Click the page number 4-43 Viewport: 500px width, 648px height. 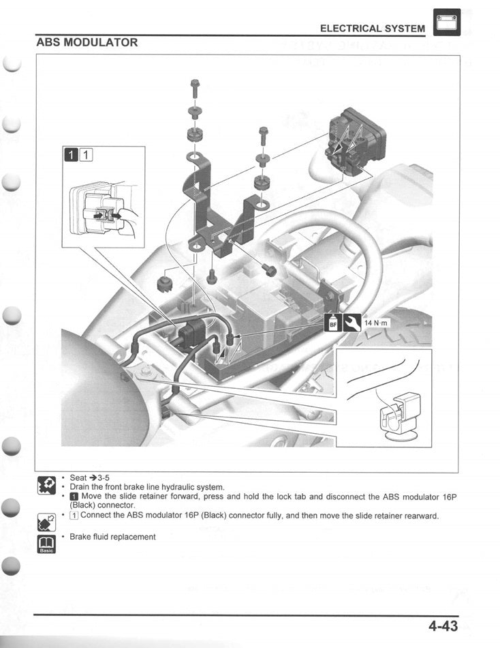coord(443,625)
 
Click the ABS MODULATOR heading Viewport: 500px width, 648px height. coord(87,42)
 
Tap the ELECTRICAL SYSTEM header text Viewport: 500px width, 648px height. coord(373,29)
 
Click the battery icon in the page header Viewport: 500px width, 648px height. coord(447,23)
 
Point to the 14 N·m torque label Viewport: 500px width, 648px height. coord(376,323)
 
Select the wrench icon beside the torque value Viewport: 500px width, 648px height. coord(352,323)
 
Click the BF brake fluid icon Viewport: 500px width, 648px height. coord(334,323)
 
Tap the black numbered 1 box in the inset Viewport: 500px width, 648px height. coord(72,155)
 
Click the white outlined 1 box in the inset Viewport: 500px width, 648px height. coord(86,155)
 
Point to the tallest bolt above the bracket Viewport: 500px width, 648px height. coord(195,87)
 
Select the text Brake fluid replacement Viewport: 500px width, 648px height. coord(112,537)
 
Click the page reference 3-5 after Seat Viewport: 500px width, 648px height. coord(104,477)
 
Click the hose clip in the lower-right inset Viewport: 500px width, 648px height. coord(399,417)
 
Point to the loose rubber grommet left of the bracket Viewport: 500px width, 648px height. coord(164,284)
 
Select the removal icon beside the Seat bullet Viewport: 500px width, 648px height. coord(46,485)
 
